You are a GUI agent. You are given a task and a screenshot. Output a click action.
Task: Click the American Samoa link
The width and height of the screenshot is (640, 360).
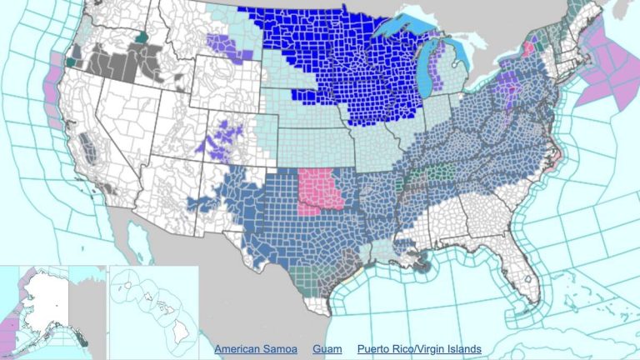(x=255, y=348)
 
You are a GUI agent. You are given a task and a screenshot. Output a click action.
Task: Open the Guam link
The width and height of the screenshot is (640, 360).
(x=327, y=348)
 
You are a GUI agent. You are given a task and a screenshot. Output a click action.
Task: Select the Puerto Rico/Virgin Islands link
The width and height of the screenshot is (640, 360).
(x=419, y=348)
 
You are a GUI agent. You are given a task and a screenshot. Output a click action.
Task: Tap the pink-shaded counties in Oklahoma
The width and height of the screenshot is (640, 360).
(x=320, y=190)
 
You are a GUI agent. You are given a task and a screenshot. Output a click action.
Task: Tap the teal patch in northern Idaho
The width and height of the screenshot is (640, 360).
(x=142, y=37)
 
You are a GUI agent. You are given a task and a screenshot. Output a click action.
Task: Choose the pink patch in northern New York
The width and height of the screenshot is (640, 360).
(x=528, y=48)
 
